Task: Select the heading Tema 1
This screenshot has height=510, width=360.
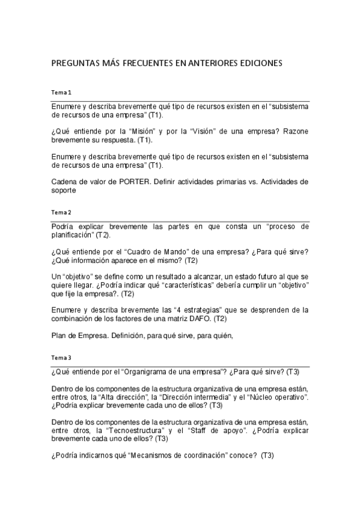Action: [61, 93]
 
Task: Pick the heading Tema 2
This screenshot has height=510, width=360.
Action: [61, 212]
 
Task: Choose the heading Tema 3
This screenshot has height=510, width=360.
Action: [61, 358]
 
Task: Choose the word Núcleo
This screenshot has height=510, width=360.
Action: [266, 397]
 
